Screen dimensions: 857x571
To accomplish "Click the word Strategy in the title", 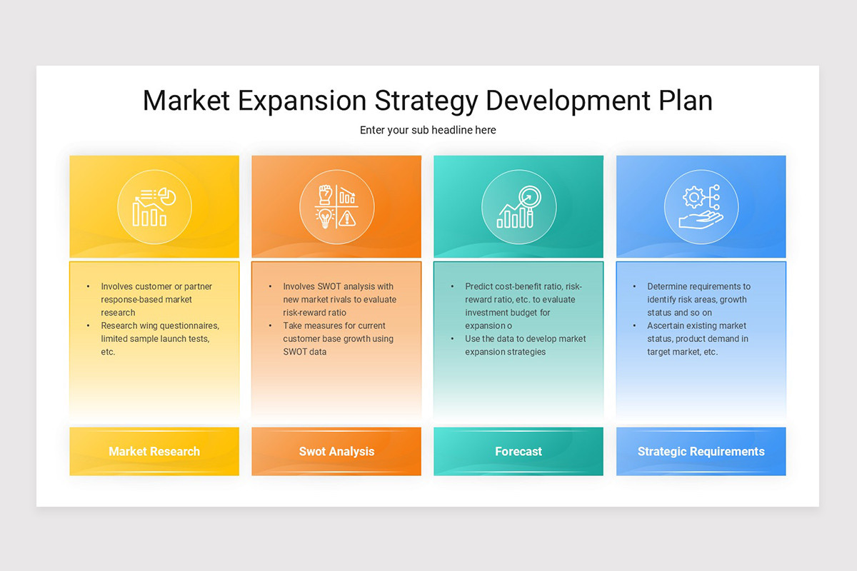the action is [426, 101].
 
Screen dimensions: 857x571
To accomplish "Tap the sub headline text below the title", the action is [428, 130].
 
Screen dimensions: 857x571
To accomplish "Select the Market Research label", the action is [154, 451].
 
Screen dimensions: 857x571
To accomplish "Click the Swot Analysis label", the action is [336, 452].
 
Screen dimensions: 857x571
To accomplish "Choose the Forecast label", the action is [518, 451].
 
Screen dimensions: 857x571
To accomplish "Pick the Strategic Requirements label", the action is [701, 452].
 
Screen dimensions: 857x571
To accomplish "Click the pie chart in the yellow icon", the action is [168, 196].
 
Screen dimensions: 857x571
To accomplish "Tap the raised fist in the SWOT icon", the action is [326, 195].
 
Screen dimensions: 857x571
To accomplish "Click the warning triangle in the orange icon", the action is [347, 218].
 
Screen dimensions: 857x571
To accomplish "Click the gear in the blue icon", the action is [693, 197].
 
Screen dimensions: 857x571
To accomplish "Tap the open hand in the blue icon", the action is [701, 220].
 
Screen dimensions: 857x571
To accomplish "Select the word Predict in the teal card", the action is [478, 286].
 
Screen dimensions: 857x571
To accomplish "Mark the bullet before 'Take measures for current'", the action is [270, 326].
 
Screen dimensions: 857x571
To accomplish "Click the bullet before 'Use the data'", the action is [452, 339].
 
